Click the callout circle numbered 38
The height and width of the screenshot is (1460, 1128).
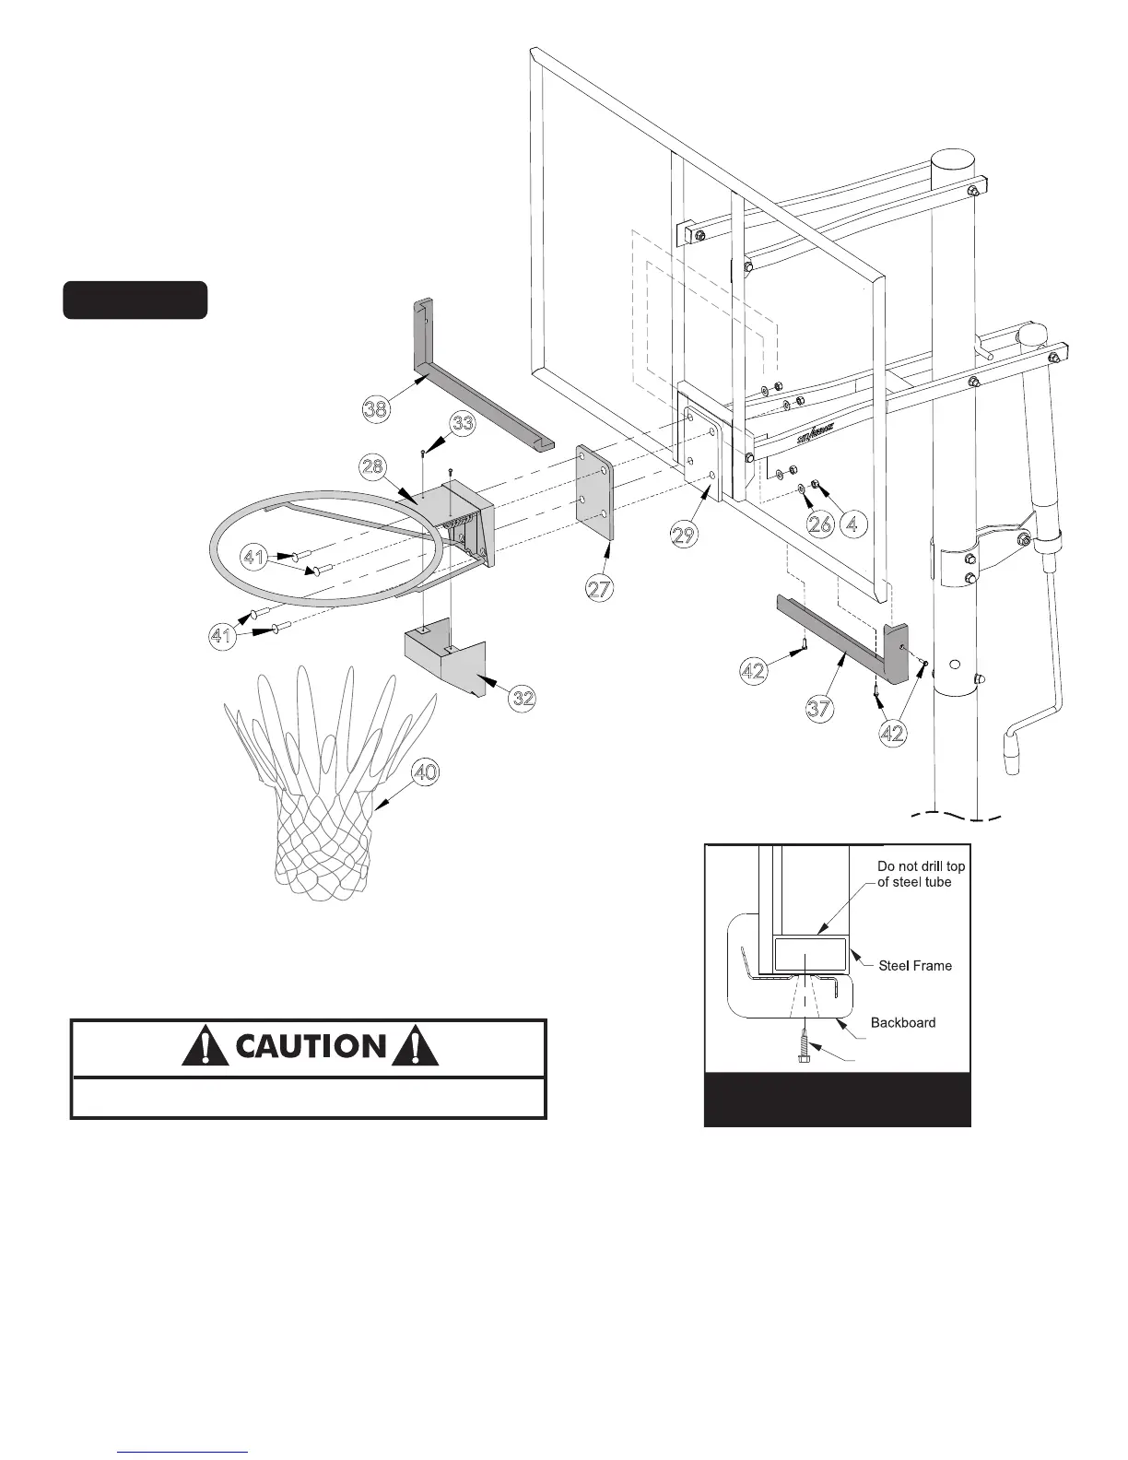point(375,408)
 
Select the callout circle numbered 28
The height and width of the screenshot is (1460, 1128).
point(372,466)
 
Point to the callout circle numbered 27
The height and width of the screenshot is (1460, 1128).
point(600,588)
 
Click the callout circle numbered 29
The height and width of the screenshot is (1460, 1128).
point(684,535)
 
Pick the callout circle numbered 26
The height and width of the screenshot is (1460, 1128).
point(819,524)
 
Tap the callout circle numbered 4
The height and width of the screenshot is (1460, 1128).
point(854,524)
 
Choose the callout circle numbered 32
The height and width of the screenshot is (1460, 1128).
point(523,698)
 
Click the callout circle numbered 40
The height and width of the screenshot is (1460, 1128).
point(424,772)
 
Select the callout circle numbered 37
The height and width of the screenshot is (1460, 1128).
point(819,708)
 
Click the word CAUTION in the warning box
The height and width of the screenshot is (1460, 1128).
point(310,1046)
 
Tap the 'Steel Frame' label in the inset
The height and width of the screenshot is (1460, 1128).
point(914,966)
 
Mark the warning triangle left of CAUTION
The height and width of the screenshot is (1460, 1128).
point(206,1046)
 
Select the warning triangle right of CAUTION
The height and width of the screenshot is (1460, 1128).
point(415,1046)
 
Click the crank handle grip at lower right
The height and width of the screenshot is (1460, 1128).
point(1014,752)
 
